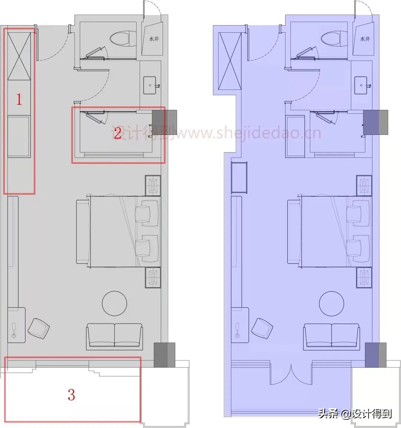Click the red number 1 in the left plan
pos(19,99)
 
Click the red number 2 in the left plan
pos(118,133)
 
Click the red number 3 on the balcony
pos(71,395)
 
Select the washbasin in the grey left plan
pos(150,85)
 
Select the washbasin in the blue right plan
pos(361,85)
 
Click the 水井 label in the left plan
pos(154,39)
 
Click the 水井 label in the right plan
pos(365,39)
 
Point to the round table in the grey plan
pos(114,303)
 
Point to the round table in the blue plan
pos(331,303)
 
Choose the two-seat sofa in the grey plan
pos(114,336)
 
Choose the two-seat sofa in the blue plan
pos(331,336)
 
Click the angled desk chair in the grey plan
pos(39,328)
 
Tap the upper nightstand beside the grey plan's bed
pos(153,185)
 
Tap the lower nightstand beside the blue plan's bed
pos(364,277)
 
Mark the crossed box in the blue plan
pos(230,61)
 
